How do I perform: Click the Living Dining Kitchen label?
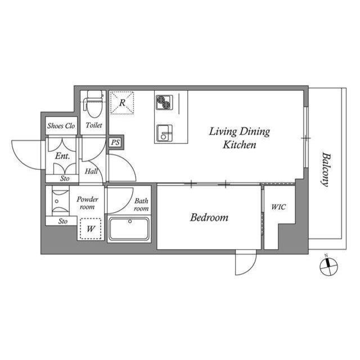click(x=240, y=138)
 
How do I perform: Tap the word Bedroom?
click(x=209, y=217)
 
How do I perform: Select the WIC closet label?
click(x=278, y=207)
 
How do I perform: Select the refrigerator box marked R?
click(x=122, y=103)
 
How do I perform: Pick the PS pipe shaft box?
click(x=115, y=142)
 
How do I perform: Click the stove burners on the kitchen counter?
click(x=164, y=102)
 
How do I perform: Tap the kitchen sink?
click(x=164, y=133)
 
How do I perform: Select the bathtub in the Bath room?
click(x=129, y=229)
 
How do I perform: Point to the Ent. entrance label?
click(x=62, y=156)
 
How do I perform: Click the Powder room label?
click(x=87, y=203)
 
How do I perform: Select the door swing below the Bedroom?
click(x=245, y=263)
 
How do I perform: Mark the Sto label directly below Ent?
click(x=65, y=178)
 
